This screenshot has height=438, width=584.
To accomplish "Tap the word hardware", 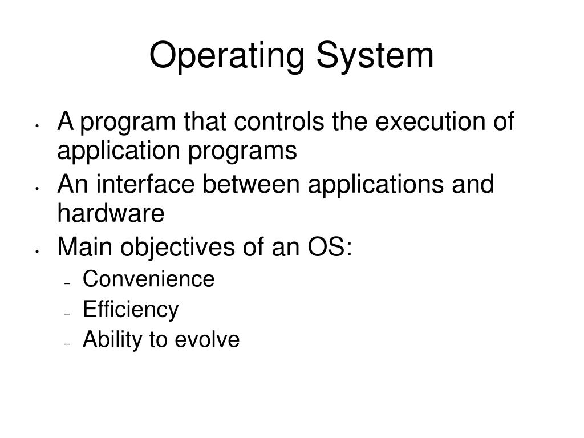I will click(x=111, y=214).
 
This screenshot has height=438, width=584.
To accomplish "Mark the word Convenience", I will click(x=148, y=279).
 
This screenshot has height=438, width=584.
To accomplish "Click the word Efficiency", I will click(x=131, y=310).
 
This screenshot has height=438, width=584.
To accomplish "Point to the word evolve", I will click(x=207, y=340).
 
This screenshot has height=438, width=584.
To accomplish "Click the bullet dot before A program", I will click(x=36, y=126).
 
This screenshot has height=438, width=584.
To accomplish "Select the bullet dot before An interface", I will click(x=36, y=189).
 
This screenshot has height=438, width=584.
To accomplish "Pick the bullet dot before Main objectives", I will click(x=36, y=252).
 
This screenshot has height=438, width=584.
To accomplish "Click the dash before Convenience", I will click(x=67, y=283).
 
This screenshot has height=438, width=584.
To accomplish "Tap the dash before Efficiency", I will click(x=67, y=314).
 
